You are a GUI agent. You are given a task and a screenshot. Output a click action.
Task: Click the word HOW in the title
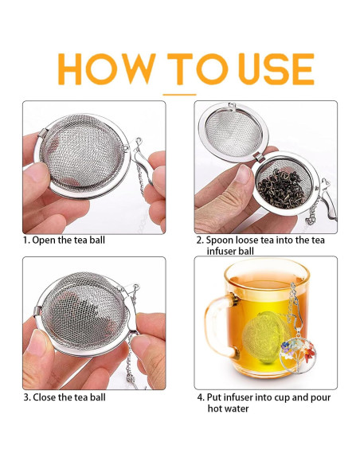107,69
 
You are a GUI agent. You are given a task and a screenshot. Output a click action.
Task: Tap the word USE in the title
276,69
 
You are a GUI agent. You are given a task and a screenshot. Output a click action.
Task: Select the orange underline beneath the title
179,95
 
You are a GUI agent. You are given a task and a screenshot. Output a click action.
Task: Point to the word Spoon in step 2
217,240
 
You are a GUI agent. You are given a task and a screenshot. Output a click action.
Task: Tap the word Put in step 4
213,397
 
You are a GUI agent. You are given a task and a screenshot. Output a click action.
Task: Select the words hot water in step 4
228,408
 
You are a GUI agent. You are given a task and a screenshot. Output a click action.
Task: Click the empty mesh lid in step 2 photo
233,133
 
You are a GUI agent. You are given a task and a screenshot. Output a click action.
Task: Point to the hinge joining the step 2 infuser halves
260,157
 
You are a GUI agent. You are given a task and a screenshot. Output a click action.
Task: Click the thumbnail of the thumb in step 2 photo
243,174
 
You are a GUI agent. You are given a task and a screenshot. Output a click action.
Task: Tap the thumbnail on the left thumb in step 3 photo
37,343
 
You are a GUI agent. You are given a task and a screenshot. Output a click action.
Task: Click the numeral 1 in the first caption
25,240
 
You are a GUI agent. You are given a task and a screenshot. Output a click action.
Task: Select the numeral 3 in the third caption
26,397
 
